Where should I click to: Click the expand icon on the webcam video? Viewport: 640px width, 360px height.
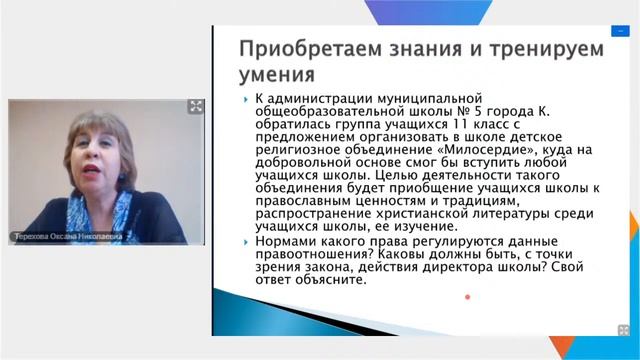[x=196, y=107]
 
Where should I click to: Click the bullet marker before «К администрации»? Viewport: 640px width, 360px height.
[x=247, y=101]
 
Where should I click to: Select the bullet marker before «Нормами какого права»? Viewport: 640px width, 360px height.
[x=247, y=243]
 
